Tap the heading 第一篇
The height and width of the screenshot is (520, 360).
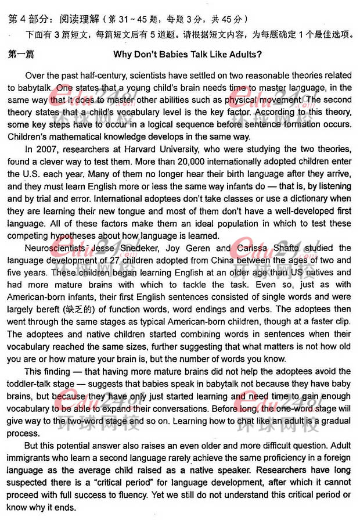[21, 55]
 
